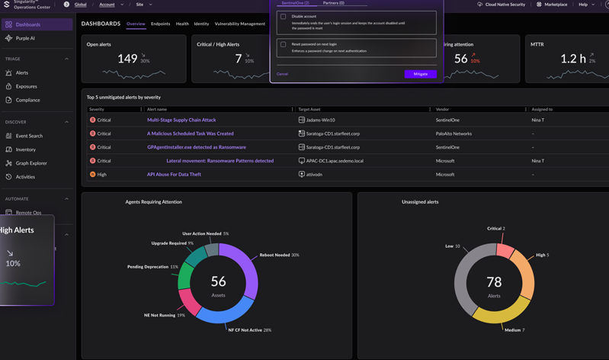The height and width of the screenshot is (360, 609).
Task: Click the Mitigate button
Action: (x=420, y=74)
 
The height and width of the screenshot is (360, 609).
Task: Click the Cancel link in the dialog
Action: (x=282, y=74)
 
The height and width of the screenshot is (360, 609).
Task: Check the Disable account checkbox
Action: (x=284, y=17)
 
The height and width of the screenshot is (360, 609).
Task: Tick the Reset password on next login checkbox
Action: (x=284, y=44)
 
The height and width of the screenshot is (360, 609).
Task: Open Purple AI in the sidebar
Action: (x=25, y=38)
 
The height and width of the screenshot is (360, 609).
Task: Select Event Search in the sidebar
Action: (x=29, y=136)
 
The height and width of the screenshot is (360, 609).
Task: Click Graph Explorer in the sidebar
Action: (x=31, y=163)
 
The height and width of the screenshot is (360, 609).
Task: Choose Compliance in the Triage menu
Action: (x=27, y=100)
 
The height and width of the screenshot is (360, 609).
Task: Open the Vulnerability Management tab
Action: (x=240, y=24)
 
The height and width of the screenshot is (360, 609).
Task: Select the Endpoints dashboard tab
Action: (x=160, y=24)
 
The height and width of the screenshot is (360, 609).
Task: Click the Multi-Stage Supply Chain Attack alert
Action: (x=181, y=120)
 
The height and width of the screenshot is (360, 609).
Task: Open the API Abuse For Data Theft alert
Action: (x=174, y=175)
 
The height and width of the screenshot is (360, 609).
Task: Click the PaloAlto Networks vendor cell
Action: (x=454, y=133)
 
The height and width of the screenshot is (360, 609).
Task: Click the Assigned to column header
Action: (x=542, y=109)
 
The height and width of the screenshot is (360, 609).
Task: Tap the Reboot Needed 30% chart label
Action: (x=279, y=255)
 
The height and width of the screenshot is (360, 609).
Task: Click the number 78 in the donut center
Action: (x=494, y=282)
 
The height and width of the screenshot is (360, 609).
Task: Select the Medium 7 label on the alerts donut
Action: (x=513, y=330)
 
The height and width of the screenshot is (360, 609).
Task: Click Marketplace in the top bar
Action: (x=556, y=5)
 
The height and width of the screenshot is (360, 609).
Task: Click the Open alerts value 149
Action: (x=127, y=58)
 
